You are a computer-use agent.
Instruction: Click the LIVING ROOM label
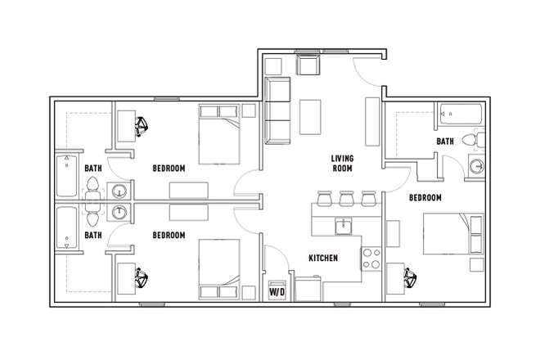point(342,163)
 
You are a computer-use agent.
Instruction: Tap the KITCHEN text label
point(323,259)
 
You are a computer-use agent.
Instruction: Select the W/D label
point(276,290)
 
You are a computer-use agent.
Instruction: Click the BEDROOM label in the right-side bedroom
point(425,198)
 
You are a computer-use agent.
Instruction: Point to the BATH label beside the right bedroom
point(444,142)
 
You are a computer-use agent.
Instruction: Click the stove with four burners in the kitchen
point(371,259)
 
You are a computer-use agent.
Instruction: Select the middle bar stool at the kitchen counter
point(346,198)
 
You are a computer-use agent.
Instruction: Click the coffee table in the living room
point(311,116)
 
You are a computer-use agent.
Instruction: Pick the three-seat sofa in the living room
point(277,110)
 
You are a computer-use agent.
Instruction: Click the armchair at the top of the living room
point(308,65)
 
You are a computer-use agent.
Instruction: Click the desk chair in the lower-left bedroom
point(142,279)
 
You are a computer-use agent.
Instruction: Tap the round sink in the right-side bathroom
point(476,168)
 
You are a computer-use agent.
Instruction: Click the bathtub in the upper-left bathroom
point(66,175)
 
